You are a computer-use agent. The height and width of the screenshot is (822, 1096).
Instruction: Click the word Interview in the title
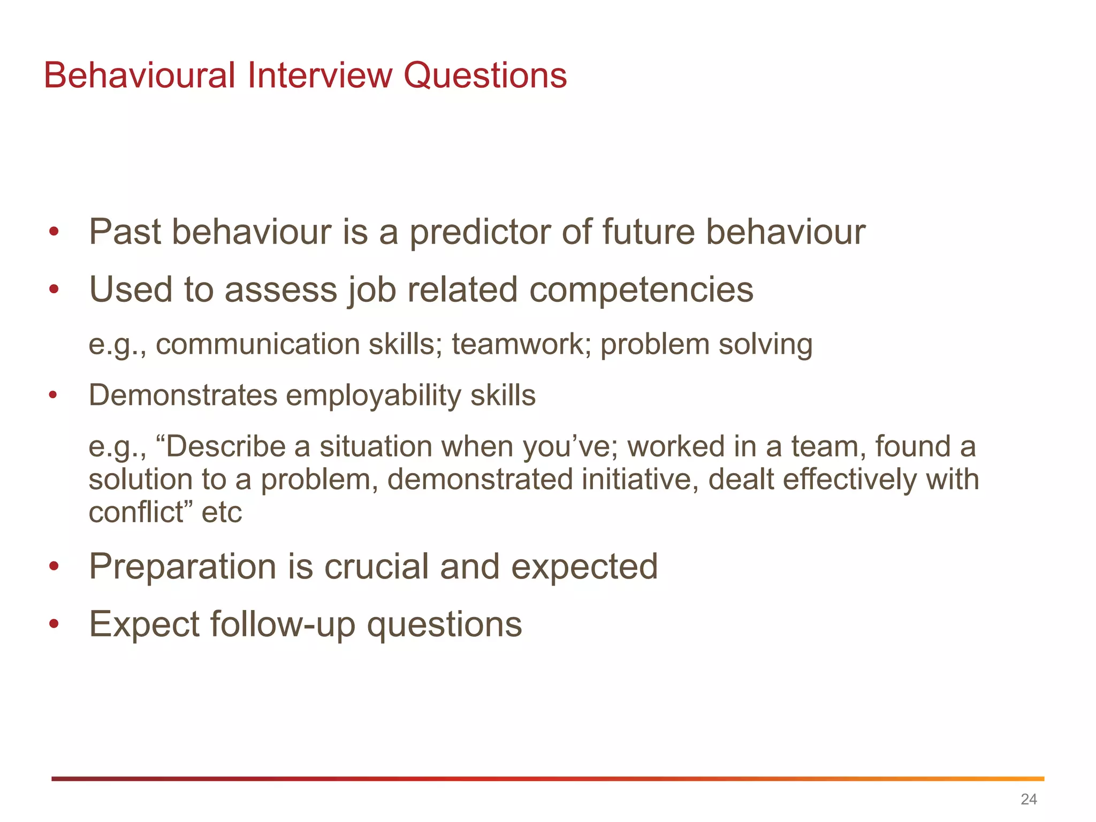click(319, 75)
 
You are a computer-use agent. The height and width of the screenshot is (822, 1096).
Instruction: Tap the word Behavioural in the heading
click(140, 75)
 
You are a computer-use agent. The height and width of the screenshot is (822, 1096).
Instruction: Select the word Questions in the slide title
click(485, 75)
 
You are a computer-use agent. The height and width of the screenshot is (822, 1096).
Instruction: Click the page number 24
click(1029, 799)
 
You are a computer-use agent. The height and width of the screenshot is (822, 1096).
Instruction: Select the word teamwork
click(521, 344)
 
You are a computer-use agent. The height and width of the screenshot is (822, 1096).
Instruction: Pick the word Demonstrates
click(183, 395)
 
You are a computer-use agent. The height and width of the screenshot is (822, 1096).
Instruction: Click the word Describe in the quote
click(227, 446)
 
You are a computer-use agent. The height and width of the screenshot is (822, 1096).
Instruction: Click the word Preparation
click(182, 567)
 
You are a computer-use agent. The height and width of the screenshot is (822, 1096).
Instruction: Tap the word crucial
click(377, 567)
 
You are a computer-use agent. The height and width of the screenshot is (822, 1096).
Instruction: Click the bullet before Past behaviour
click(53, 233)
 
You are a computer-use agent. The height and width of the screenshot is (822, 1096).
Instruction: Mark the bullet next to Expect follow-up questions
click(53, 625)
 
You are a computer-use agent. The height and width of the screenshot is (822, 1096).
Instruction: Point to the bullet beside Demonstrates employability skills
click(52, 396)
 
